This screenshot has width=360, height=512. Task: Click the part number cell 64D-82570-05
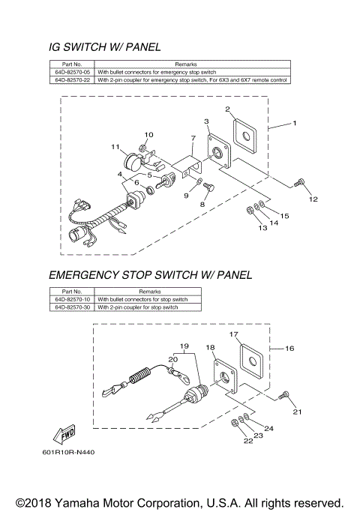pyautogui.click(x=72, y=73)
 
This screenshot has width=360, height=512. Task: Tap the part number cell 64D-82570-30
pyautogui.click(x=72, y=307)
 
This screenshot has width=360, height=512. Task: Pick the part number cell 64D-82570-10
pyautogui.click(x=72, y=300)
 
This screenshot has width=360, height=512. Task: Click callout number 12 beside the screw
pyautogui.click(x=313, y=199)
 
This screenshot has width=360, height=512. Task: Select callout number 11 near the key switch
pyautogui.click(x=115, y=146)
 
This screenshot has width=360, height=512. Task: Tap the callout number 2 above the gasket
pyautogui.click(x=227, y=109)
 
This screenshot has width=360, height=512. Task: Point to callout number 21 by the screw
pyautogui.click(x=296, y=412)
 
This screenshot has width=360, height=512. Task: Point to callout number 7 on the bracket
pyautogui.click(x=193, y=138)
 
